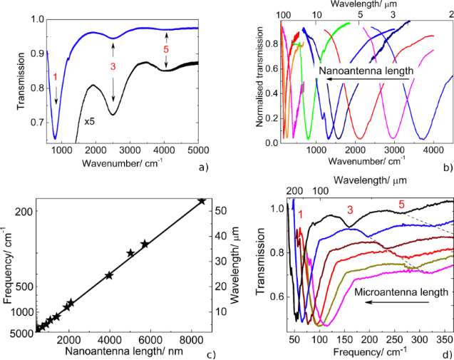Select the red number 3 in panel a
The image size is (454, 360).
click(112, 66)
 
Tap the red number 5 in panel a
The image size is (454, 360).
click(166, 51)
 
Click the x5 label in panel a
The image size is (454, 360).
click(90, 122)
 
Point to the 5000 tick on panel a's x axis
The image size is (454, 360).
click(198, 149)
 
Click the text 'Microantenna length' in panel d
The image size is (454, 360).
click(400, 291)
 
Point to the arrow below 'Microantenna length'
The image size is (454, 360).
click(400, 303)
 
